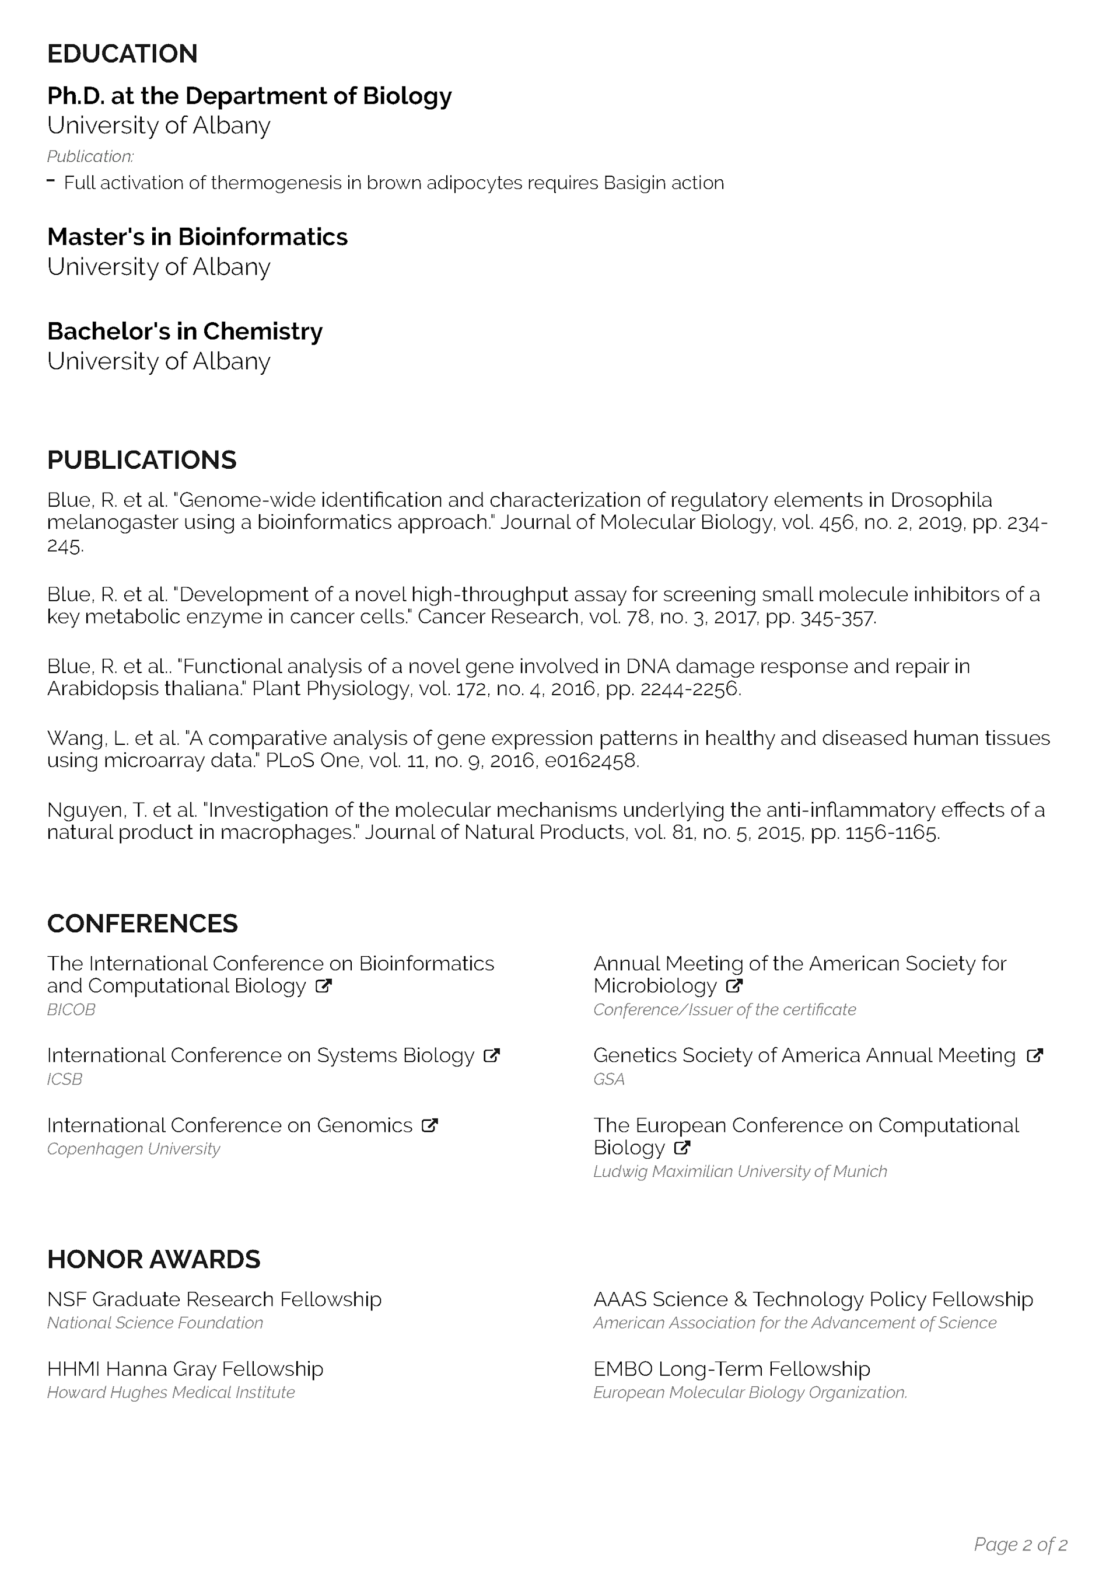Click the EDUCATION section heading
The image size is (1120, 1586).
coord(123,54)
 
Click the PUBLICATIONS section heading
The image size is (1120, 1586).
coord(142,460)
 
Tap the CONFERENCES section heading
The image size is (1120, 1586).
coord(142,923)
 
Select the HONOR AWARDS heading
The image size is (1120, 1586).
coord(153,1259)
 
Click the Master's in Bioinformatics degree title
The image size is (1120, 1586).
coord(198,237)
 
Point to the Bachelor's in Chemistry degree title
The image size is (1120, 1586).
coord(184,332)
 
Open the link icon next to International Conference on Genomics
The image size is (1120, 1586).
coord(429,1125)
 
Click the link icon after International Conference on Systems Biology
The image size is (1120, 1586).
coord(492,1055)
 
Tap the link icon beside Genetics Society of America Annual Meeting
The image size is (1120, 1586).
coord(1034,1055)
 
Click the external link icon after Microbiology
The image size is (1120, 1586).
coord(734,986)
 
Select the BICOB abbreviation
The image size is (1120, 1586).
coord(71,1010)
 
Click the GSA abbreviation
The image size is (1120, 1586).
coord(608,1080)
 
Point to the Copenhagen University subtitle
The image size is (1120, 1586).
coord(133,1149)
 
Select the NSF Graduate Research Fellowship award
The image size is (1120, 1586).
coord(214,1299)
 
